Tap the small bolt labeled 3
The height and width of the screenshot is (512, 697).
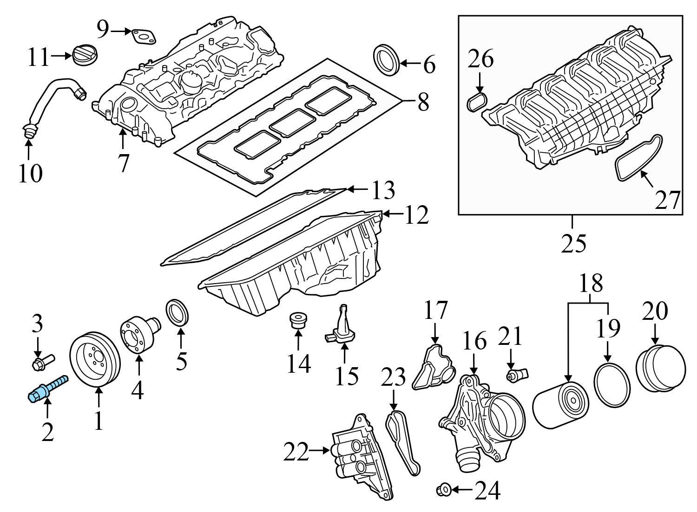click(x=42, y=362)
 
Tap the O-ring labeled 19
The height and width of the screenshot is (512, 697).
click(x=612, y=386)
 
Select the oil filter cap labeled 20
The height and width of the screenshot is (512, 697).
click(x=660, y=370)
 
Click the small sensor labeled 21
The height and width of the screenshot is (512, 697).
click(x=517, y=374)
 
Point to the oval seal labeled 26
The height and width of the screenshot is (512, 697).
click(x=477, y=102)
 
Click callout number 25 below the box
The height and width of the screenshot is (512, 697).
click(x=573, y=243)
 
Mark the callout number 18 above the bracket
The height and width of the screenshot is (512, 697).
click(x=591, y=282)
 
